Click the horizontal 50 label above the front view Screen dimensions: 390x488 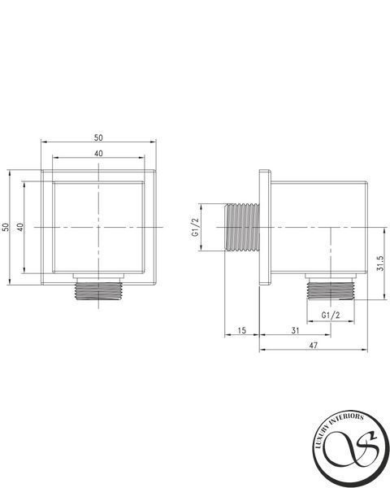coord(98,137)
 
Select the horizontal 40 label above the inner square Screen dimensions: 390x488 coord(98,154)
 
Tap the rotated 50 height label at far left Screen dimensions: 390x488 coord(6,227)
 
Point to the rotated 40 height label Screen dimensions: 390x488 coord(20,227)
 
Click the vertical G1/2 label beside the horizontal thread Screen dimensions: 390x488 coord(195,227)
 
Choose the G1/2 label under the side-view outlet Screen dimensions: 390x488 coord(331,316)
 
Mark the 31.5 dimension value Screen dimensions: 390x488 coord(380,264)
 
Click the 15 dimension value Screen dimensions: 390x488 coord(241,330)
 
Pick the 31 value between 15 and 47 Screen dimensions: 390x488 coord(295,330)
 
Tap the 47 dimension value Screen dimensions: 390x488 coord(313,345)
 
